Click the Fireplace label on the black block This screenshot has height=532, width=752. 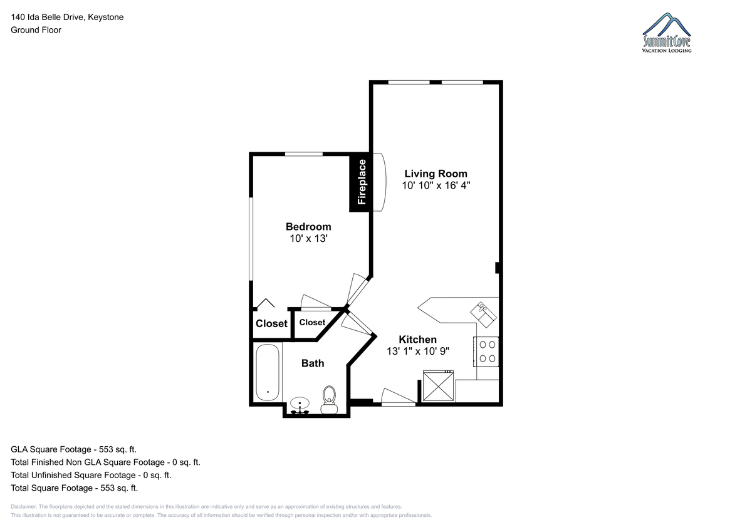(362, 182)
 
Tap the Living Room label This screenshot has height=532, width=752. (436, 174)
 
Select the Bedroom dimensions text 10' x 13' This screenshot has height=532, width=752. (308, 238)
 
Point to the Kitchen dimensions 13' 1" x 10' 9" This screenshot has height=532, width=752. (417, 351)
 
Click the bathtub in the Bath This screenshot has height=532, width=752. (268, 372)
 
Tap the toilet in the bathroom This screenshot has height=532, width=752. (330, 399)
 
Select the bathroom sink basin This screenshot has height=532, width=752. (300, 405)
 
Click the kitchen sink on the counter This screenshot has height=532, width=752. (483, 315)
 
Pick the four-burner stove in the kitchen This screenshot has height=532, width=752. (486, 352)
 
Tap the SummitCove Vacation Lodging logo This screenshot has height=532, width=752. (667, 33)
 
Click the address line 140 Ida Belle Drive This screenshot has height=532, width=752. (67, 17)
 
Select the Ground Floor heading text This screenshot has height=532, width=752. (36, 30)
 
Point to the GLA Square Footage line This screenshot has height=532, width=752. (73, 449)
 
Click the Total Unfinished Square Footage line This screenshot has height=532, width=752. (91, 475)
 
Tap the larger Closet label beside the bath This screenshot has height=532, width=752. (271, 323)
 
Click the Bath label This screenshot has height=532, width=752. (313, 363)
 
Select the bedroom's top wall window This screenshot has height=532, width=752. (304, 154)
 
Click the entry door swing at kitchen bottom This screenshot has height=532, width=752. (399, 397)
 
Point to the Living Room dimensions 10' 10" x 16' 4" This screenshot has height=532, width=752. (436, 185)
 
